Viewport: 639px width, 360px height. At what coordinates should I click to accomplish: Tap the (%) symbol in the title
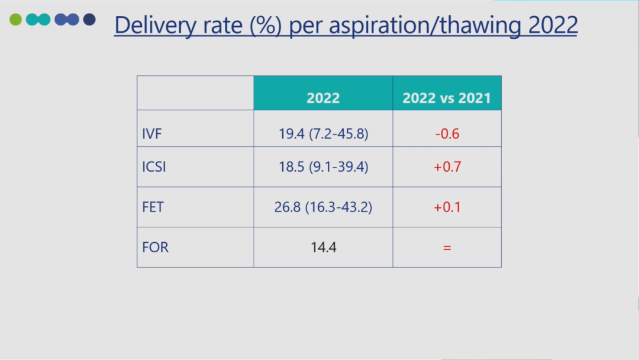pyautogui.click(x=264, y=25)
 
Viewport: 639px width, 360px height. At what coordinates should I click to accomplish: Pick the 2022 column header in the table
pyautogui.click(x=323, y=98)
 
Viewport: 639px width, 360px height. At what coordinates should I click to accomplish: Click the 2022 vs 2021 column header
pyautogui.click(x=447, y=98)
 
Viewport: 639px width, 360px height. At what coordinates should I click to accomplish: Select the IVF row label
pyautogui.click(x=152, y=134)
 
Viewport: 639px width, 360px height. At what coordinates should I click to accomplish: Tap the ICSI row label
pyautogui.click(x=154, y=167)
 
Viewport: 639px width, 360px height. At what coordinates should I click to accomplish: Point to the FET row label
pyautogui.click(x=152, y=207)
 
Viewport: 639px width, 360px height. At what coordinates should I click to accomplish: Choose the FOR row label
pyautogui.click(x=155, y=247)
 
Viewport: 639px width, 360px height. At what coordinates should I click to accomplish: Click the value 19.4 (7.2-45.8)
pyautogui.click(x=323, y=134)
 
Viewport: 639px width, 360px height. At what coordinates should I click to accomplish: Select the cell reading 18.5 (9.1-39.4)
pyautogui.click(x=323, y=167)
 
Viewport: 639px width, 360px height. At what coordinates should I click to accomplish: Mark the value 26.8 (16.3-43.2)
pyautogui.click(x=323, y=207)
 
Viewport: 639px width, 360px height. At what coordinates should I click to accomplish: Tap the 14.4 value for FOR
pyautogui.click(x=323, y=247)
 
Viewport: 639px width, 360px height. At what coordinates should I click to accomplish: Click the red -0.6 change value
pyautogui.click(x=447, y=134)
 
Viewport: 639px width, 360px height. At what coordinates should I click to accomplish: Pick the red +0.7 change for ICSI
pyautogui.click(x=447, y=167)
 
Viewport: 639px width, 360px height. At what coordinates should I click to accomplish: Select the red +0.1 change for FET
pyautogui.click(x=447, y=207)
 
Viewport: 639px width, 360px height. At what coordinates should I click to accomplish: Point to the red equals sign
pyautogui.click(x=447, y=247)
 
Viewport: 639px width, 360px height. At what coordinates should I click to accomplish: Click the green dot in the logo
pyautogui.click(x=15, y=20)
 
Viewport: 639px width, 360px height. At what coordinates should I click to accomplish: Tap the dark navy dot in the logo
pyautogui.click(x=89, y=20)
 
